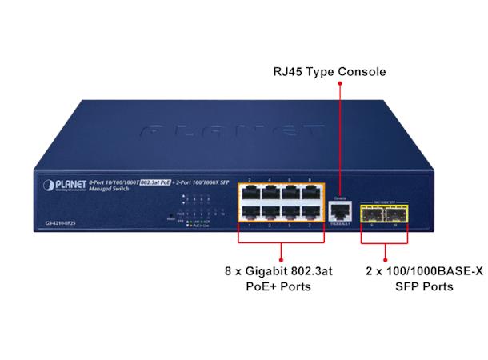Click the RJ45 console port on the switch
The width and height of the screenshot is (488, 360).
pyautogui.click(x=339, y=210)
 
